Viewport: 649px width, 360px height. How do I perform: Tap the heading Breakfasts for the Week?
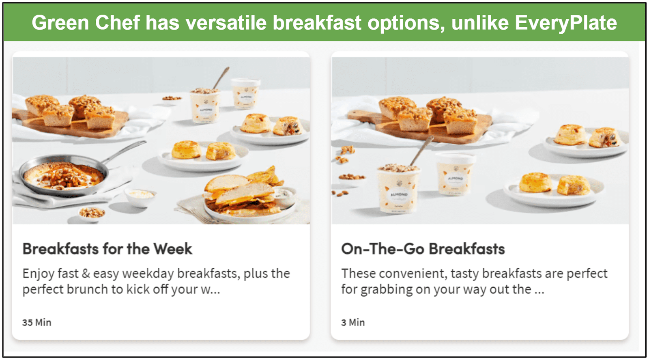[x=107, y=249]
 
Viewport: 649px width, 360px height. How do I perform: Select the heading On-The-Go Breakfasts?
[x=423, y=249]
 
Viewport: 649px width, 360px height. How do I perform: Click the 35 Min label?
[x=37, y=322]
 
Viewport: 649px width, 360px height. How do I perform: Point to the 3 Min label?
[x=353, y=322]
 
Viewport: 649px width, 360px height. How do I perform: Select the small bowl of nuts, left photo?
[x=92, y=213]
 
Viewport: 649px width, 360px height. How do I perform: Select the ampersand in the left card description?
[x=86, y=274]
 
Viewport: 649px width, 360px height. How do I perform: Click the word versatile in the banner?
[x=226, y=23]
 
